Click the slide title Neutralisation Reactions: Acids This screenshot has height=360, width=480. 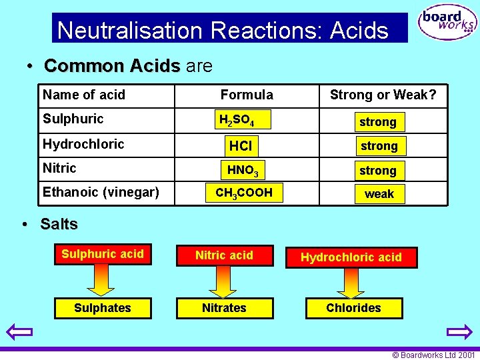click(x=223, y=30)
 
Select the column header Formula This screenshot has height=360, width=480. click(x=247, y=95)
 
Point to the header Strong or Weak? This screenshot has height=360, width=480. click(x=383, y=95)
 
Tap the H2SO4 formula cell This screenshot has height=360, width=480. click(x=244, y=120)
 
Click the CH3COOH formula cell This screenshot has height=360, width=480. click(x=244, y=193)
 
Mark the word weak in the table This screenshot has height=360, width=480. click(x=379, y=194)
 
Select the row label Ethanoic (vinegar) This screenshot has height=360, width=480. click(x=101, y=193)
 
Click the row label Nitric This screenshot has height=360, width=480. click(x=59, y=168)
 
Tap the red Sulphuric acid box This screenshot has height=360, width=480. click(x=103, y=254)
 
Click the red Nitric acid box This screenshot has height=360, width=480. click(x=224, y=255)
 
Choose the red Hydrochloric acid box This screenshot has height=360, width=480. click(x=351, y=257)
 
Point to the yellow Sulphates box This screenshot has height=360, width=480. click(x=103, y=308)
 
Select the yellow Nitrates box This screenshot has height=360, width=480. click(x=224, y=308)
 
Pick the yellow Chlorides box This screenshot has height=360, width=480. click(x=353, y=308)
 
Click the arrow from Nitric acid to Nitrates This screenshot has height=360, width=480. click(x=224, y=281)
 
